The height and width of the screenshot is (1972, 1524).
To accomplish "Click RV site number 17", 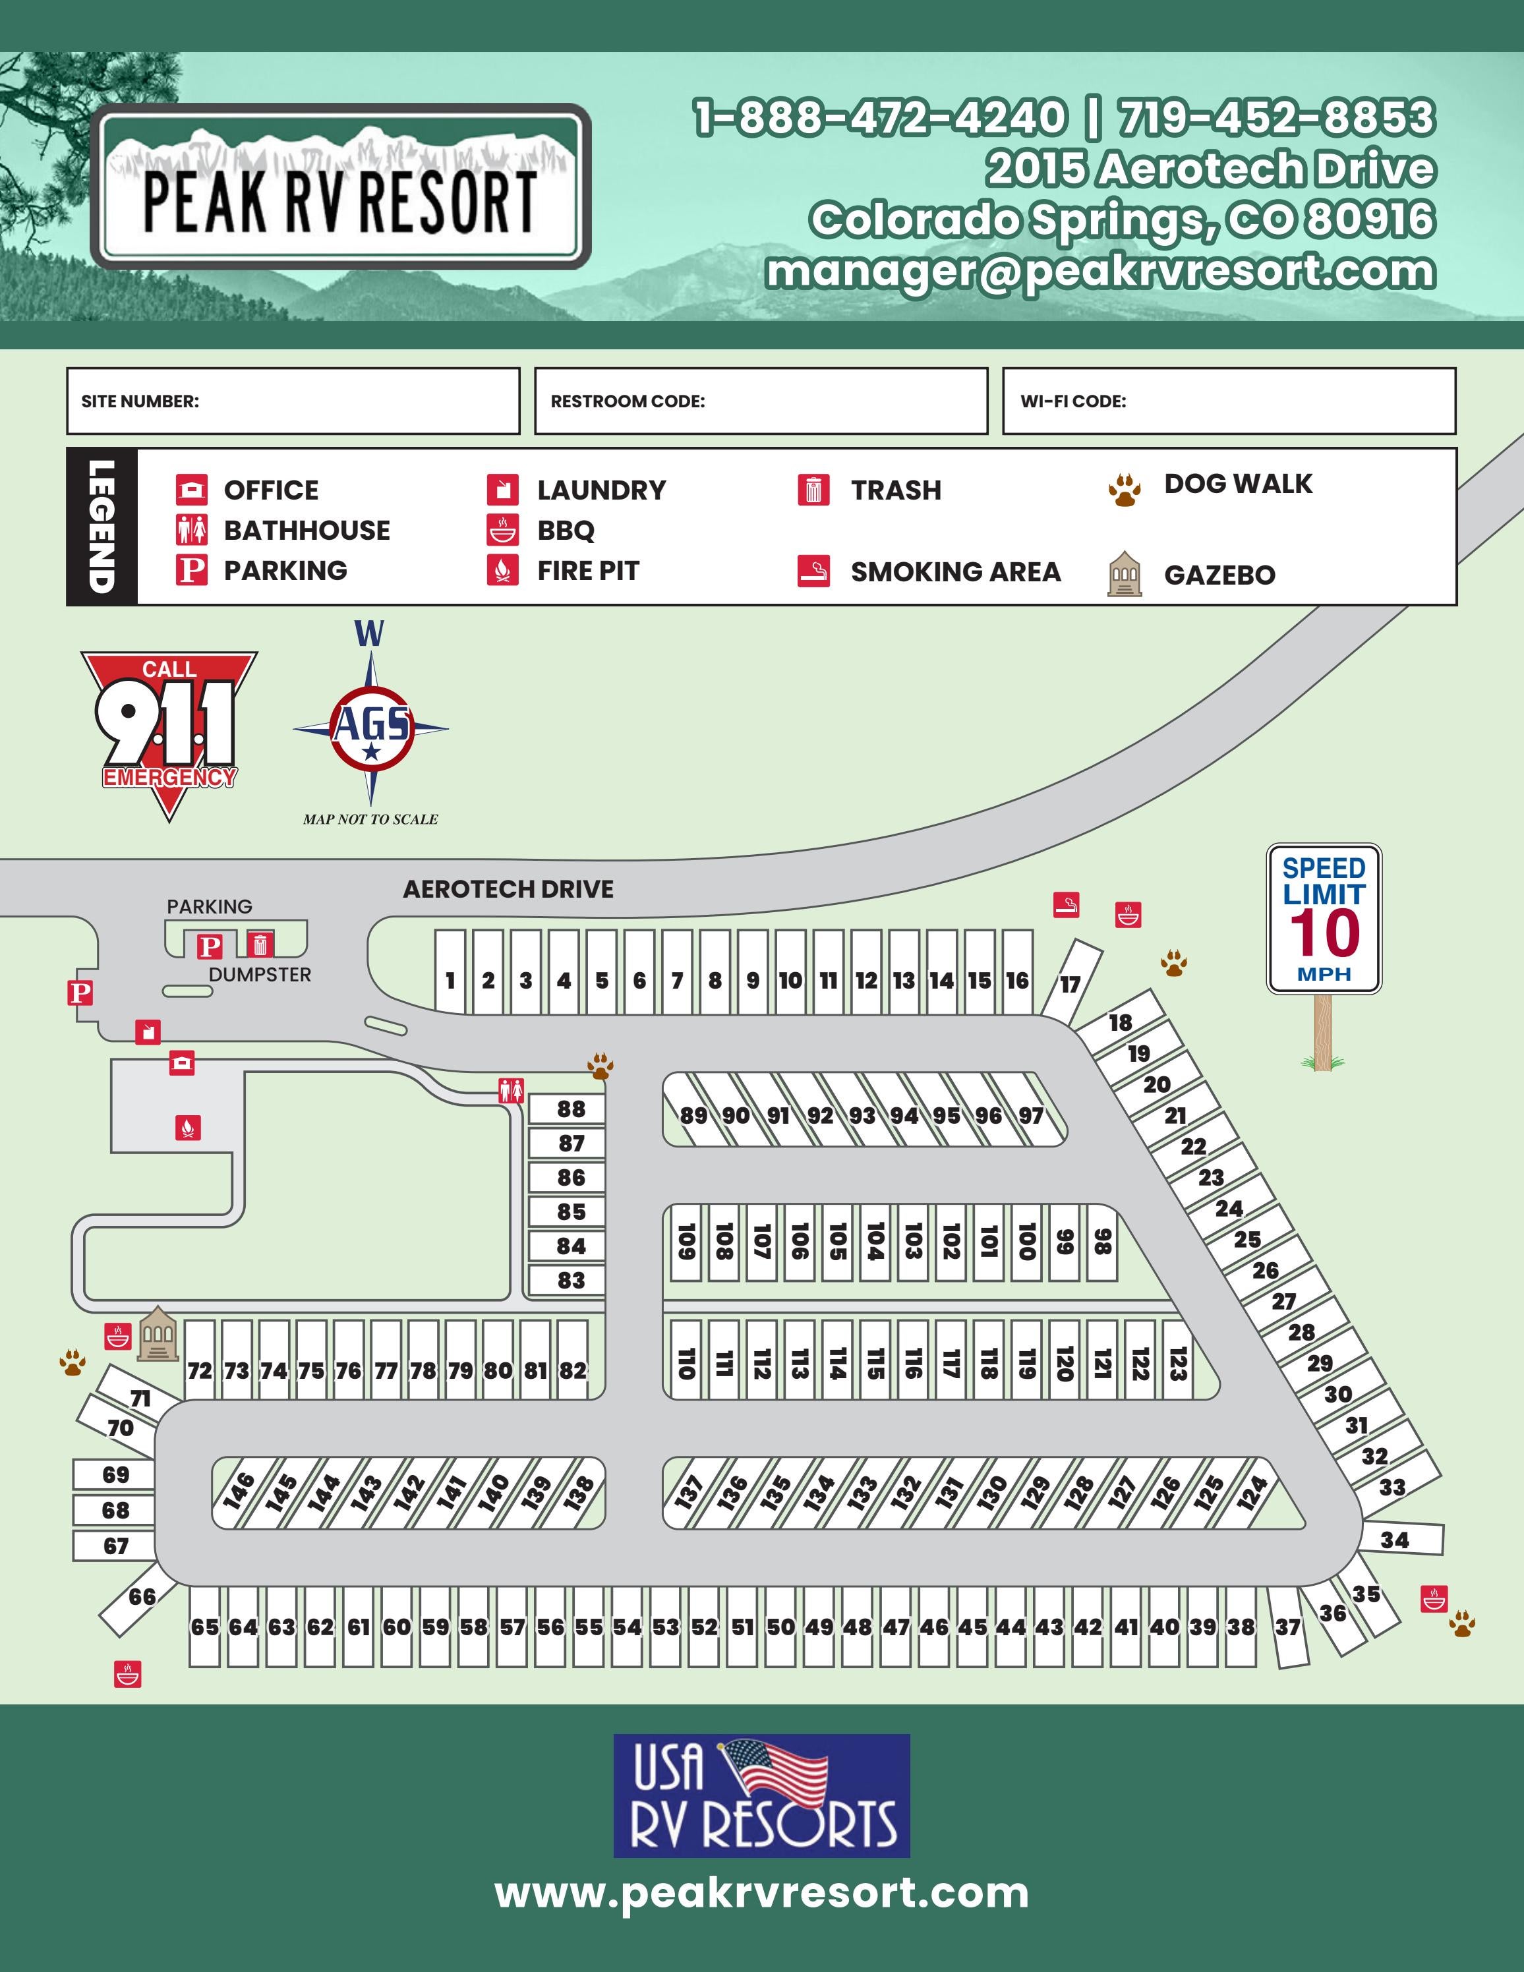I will tap(1070, 983).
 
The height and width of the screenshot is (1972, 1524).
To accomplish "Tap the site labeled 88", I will tap(571, 1109).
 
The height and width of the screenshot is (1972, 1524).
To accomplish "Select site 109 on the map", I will tap(686, 1242).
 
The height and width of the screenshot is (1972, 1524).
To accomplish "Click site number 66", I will tap(142, 1596).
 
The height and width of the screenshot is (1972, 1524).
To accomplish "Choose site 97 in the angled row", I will tap(1031, 1115).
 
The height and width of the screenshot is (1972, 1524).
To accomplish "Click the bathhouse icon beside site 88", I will tap(511, 1091).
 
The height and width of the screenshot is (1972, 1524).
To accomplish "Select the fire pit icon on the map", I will tap(187, 1127).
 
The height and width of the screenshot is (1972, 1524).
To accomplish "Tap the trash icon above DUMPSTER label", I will tap(260, 944).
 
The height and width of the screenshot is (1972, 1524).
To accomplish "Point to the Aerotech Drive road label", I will tap(508, 889).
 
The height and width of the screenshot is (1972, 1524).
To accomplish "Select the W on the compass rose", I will tap(369, 634).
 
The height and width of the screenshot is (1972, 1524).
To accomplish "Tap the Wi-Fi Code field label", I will tap(1072, 401).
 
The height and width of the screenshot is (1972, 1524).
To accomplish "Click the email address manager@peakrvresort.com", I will tap(1099, 271).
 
